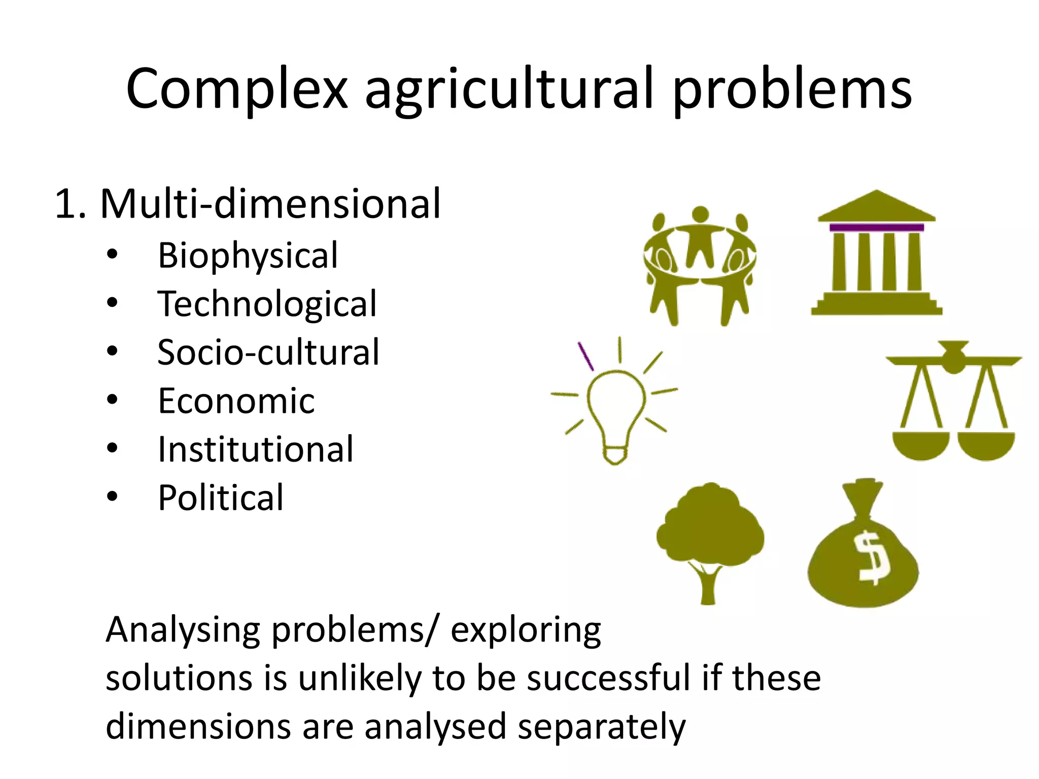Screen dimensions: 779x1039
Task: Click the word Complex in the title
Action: [x=236, y=89]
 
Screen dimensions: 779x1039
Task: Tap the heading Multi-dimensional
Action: [x=270, y=204]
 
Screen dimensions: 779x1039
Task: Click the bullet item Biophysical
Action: [x=248, y=256]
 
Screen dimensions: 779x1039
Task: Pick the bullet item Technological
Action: [x=267, y=304]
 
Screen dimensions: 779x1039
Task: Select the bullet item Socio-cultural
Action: [x=268, y=352]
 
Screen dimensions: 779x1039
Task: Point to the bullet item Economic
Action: [x=236, y=401]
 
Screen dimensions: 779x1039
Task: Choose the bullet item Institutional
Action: [x=256, y=449]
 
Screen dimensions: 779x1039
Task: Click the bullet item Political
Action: [x=221, y=498]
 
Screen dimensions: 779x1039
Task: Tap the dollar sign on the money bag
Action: [x=872, y=557]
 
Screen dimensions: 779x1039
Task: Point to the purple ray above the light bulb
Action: [x=586, y=356]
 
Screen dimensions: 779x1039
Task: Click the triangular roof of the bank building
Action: [x=877, y=207]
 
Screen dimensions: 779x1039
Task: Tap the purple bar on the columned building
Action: [x=877, y=228]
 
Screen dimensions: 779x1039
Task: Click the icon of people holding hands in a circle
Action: [x=700, y=264]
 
